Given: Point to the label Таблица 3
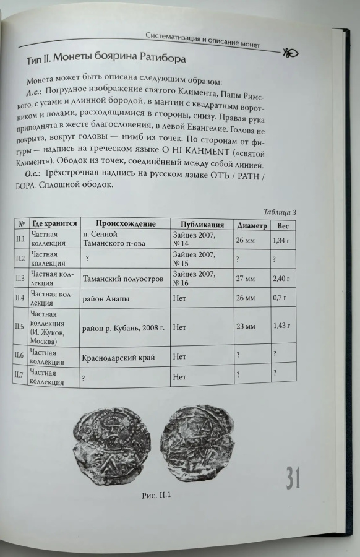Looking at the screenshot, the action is (x=280, y=212).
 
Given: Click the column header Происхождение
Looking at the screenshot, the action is (x=126, y=223).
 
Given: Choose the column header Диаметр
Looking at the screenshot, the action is (x=251, y=225).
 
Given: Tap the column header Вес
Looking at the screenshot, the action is (x=283, y=226).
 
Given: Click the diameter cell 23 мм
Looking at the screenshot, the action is (x=245, y=326).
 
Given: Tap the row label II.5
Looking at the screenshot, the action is (x=19, y=326).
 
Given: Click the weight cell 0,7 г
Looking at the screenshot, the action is (x=280, y=299).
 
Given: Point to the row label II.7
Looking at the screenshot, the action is (x=19, y=375).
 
